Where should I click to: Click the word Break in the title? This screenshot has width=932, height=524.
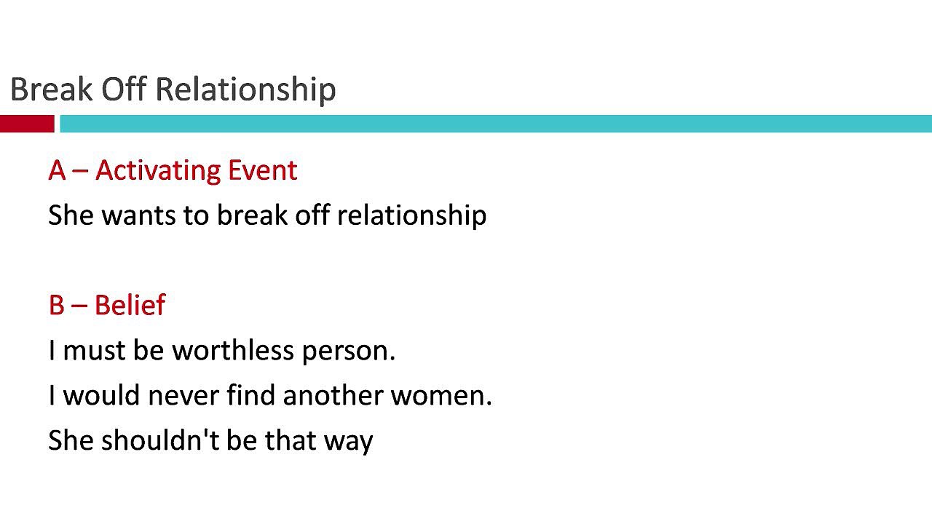[x=52, y=90]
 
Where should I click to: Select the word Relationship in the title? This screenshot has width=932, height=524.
[x=245, y=90]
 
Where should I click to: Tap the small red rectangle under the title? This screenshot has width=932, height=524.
[x=27, y=124]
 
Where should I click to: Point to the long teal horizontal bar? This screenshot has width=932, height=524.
[x=495, y=124]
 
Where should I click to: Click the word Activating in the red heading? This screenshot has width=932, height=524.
[x=157, y=170]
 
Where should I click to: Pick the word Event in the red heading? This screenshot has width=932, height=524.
[x=262, y=170]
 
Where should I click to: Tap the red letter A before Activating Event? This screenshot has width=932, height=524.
[x=57, y=170]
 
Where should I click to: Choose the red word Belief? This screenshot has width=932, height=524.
[x=130, y=305]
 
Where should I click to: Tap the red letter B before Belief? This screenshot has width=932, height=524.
[x=56, y=305]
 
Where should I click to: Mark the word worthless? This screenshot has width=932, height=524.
[x=232, y=351]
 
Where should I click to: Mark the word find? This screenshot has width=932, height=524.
[x=250, y=396]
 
